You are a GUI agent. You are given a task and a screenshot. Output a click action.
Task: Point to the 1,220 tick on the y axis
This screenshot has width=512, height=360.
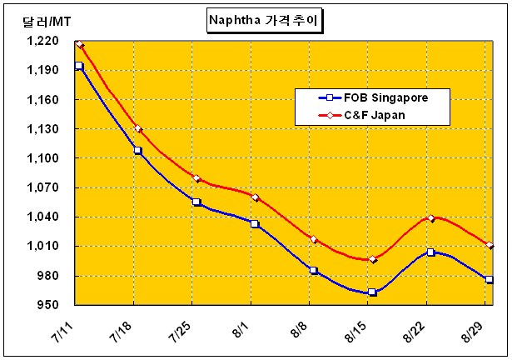[42, 41]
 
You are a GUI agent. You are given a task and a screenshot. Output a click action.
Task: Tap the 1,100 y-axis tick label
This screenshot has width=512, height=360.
[42, 158]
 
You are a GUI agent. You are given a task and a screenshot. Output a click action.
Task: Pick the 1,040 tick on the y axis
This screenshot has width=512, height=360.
[42, 217]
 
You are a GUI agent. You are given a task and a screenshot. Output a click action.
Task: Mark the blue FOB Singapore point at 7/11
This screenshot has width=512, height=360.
[79, 66]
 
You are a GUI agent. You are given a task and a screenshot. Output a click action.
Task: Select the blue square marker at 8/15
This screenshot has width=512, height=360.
[372, 292]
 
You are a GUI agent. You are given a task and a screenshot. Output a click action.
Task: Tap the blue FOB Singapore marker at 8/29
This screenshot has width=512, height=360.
[490, 280]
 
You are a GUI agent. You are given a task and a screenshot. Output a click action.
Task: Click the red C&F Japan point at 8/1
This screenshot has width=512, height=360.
[255, 197]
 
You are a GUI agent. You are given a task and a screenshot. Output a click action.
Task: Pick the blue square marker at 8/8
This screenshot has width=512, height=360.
[314, 270]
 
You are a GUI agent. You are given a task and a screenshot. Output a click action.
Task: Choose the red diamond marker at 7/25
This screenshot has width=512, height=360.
[196, 178]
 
